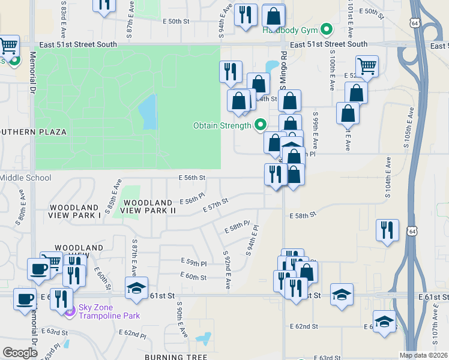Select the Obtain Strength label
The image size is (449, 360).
point(222,125)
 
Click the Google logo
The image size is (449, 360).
point(20,353)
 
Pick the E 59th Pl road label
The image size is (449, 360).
point(194,263)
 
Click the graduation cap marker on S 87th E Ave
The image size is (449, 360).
point(136,288)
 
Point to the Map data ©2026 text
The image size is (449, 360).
point(424,355)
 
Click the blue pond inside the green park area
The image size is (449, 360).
point(148,112)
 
